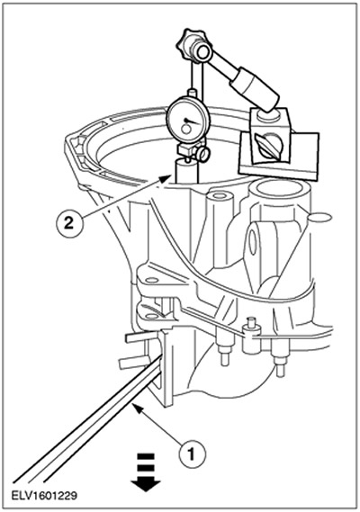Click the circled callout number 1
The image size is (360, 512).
(x=193, y=454)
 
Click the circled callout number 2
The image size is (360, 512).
(x=68, y=224)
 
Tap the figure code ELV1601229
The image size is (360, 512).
(x=44, y=496)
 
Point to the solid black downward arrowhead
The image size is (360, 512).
(x=146, y=484)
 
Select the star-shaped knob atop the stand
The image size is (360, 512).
(x=187, y=45)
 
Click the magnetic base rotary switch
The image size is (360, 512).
(x=268, y=145)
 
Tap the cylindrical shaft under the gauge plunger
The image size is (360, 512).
(x=186, y=172)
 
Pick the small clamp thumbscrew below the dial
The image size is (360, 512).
(x=203, y=154)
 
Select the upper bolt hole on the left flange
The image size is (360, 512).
(x=151, y=281)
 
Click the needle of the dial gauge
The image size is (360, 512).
(x=191, y=121)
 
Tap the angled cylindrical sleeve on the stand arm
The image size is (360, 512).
(x=255, y=87)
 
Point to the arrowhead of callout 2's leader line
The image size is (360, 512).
(x=166, y=177)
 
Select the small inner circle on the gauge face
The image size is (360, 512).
(x=186, y=130)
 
